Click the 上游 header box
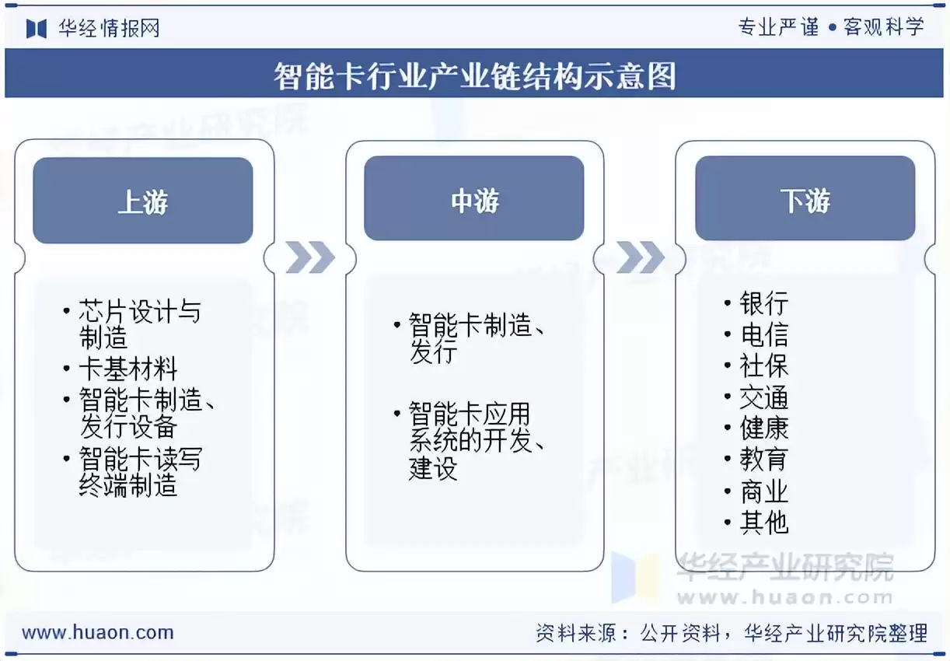[143, 201]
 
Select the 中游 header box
[474, 199]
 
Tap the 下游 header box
[805, 199]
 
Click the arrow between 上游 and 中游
[309, 257]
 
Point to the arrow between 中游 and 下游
[641, 257]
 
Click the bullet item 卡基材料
[128, 369]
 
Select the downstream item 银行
[763, 303]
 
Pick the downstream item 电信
[763, 335]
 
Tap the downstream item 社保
[763, 366]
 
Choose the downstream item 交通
[763, 398]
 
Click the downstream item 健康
[763, 428]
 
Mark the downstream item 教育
[763, 460]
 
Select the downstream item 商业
[763, 491]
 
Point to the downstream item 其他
[763, 523]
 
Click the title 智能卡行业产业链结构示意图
[474, 76]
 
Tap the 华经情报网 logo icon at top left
[37, 29]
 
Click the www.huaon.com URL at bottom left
[98, 632]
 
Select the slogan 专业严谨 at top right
[778, 27]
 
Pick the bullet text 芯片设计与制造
[138, 324]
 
